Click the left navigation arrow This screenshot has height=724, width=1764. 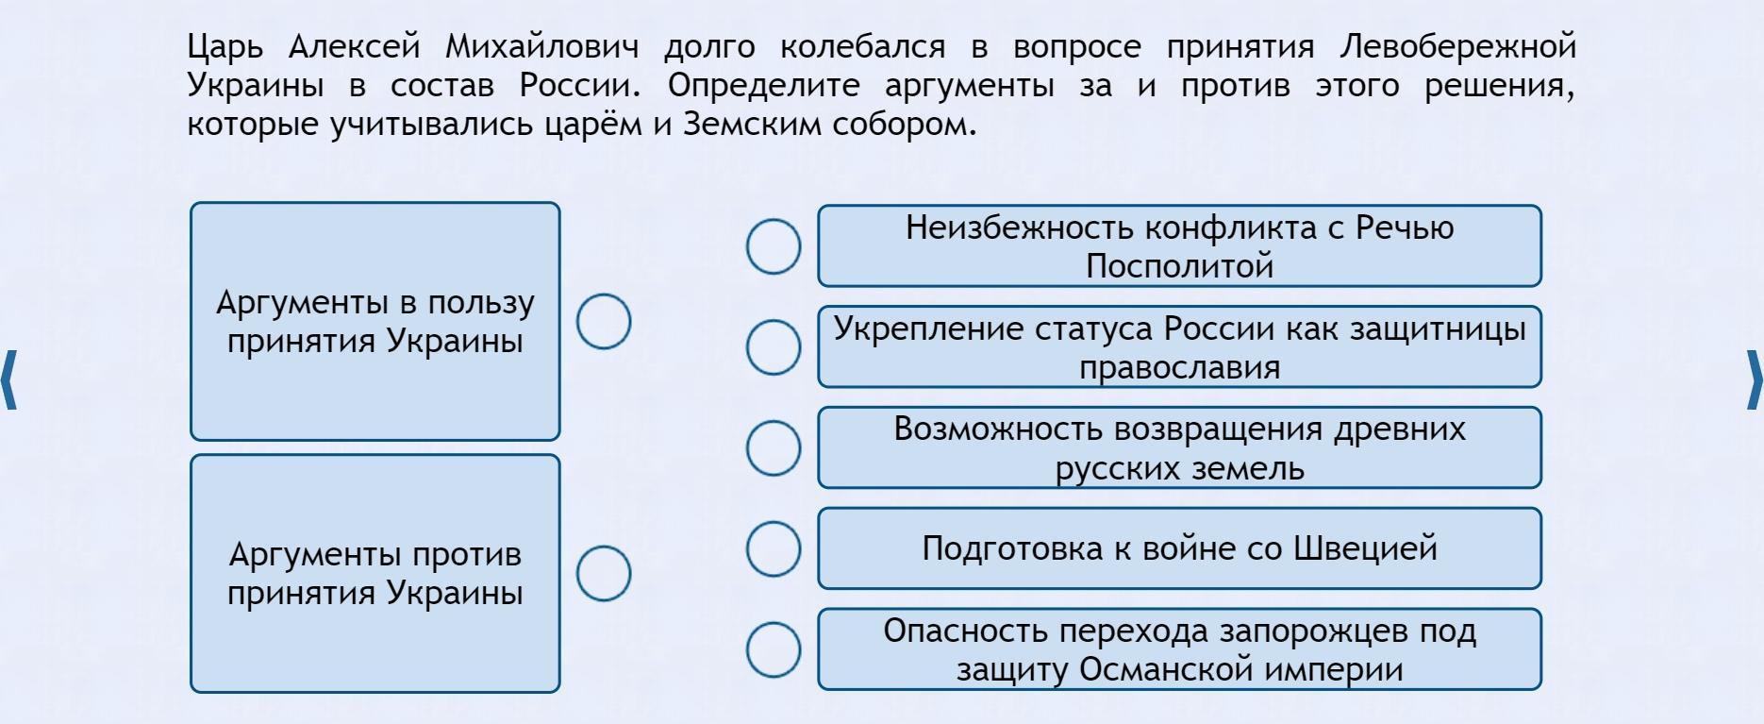pos(9,379)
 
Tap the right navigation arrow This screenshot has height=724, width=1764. pos(1754,379)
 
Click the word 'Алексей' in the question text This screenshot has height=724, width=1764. pos(354,45)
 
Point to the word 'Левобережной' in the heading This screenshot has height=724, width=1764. pos(1458,47)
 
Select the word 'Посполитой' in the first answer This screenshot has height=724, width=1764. pos(1179,266)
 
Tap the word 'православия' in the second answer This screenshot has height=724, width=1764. pos(1179,368)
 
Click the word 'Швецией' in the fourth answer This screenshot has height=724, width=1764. pos(1365,548)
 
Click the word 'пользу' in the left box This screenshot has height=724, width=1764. pos(481,304)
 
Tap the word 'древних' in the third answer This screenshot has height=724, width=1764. pos(1400,430)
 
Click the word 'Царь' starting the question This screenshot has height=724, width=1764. pos(225,47)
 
